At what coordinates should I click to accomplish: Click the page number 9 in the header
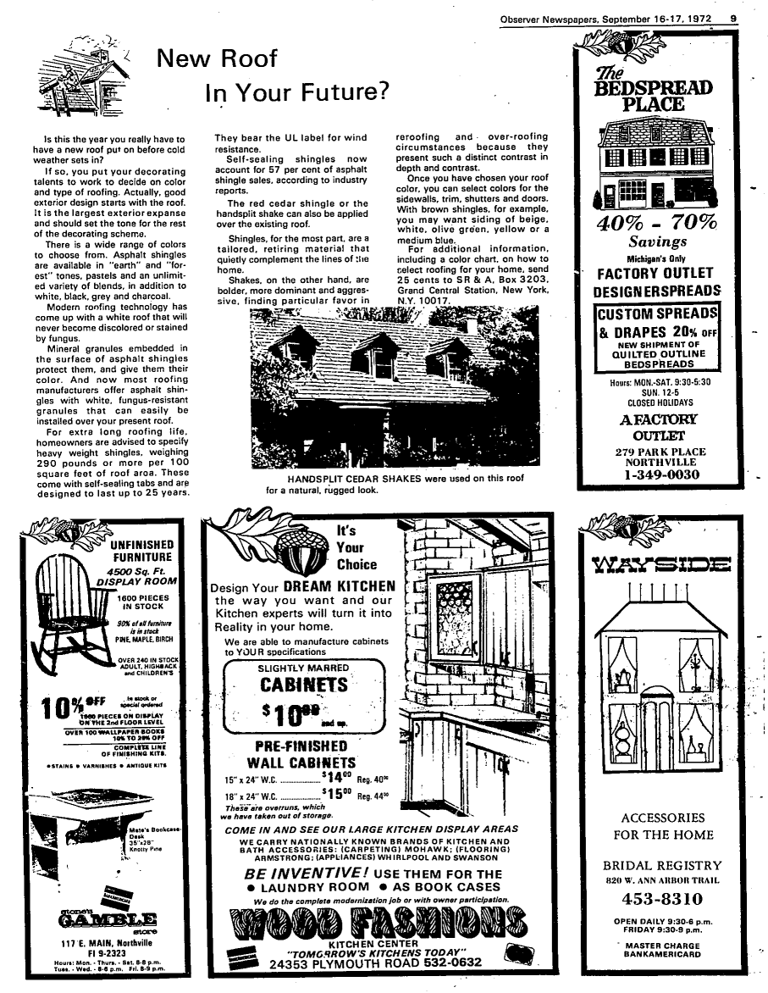tap(733, 18)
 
